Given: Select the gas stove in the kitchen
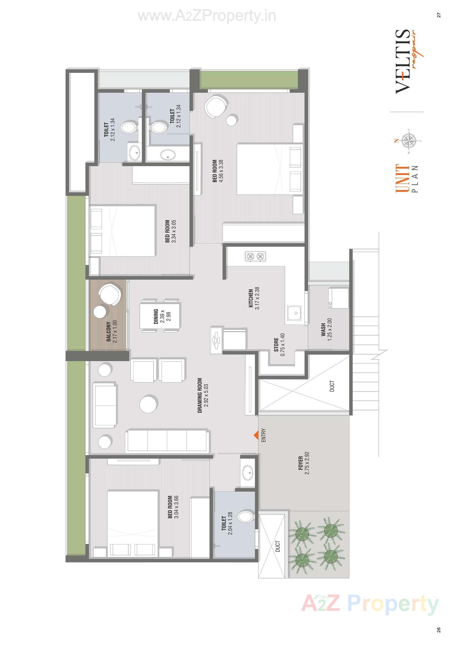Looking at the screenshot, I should [255, 256].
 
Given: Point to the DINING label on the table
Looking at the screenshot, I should [156, 317].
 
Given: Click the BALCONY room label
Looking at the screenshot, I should [108, 332].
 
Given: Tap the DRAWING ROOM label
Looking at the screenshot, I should [200, 395].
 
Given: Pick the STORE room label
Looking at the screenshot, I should [276, 345].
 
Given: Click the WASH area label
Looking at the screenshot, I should [323, 329].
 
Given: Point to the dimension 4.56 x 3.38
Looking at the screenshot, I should [221, 171].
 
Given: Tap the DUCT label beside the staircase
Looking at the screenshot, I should [332, 386].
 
